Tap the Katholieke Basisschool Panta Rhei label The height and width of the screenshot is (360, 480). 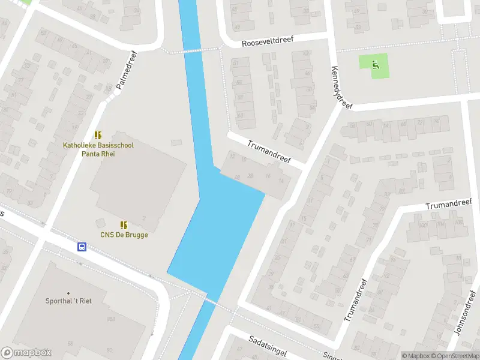pos(98,149)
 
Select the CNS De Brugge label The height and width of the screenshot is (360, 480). pos(124,235)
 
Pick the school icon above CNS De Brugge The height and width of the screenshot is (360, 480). pos(124,225)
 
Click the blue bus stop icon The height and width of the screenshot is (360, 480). pos(82,247)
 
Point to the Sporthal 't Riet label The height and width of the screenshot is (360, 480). pos(76,301)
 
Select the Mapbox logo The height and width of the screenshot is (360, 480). pos(26,353)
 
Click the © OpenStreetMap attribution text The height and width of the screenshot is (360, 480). pos(454,356)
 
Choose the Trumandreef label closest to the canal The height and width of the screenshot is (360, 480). pos(269,152)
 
